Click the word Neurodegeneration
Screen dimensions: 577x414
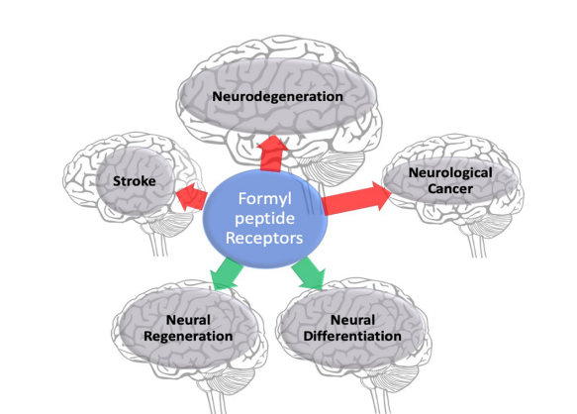[x=277, y=96]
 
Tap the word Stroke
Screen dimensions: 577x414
[x=135, y=181]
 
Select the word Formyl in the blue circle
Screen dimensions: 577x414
[x=264, y=199]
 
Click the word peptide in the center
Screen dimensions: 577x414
[x=264, y=219]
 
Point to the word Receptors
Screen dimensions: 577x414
[x=264, y=238]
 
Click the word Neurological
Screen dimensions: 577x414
[x=450, y=172]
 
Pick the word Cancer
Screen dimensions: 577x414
[x=450, y=188]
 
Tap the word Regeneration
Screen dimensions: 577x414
[x=188, y=337]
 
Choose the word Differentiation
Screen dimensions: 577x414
[x=352, y=336]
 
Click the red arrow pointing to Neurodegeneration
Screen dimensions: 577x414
[x=272, y=154]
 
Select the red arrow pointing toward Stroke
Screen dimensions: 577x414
[x=191, y=196]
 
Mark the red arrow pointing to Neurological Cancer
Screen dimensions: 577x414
[x=356, y=198]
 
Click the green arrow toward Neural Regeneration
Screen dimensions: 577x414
[x=226, y=273]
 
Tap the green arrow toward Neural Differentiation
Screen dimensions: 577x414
[x=309, y=273]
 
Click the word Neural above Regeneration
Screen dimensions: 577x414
[x=188, y=320]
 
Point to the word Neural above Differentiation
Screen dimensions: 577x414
[x=352, y=320]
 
